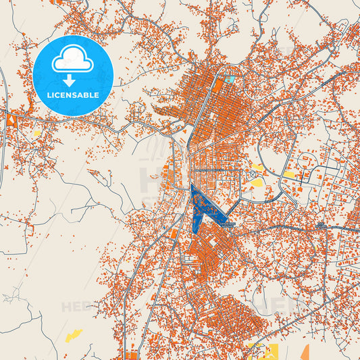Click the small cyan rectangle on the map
pos(230,80)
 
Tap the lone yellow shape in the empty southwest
pos(73,335)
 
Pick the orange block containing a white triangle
pos(12,121)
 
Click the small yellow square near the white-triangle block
pos(36,133)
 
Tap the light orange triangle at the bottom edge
pos(304,353)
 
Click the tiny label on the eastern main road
pos(319,225)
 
